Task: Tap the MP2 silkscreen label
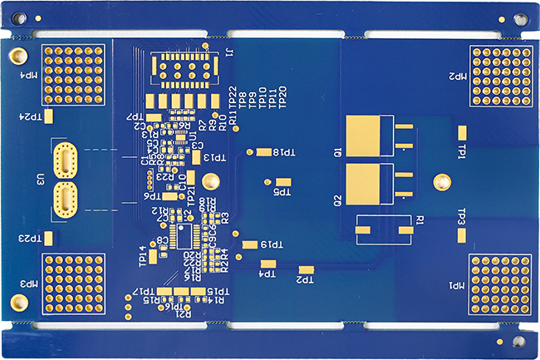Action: click(x=459, y=76)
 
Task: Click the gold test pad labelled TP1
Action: click(x=461, y=132)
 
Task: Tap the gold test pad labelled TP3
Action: click(x=461, y=232)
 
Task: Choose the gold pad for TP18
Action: click(x=264, y=152)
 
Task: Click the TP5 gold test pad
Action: click(x=284, y=181)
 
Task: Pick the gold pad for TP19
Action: click(x=250, y=244)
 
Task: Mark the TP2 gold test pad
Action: click(x=307, y=269)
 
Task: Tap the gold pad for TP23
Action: click(x=48, y=239)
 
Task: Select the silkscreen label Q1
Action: click(x=338, y=153)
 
